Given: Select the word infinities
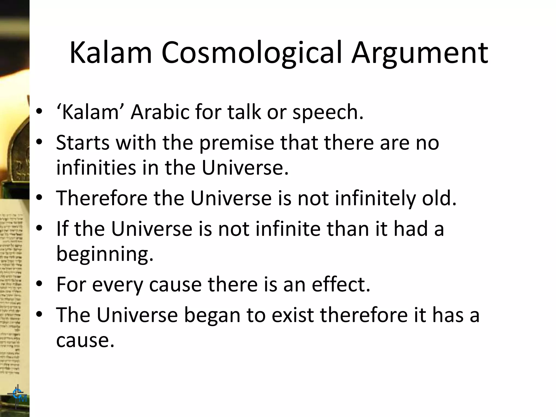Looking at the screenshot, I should point(96,168).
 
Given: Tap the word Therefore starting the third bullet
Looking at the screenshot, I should point(102,198).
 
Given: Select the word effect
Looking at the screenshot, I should point(341,284).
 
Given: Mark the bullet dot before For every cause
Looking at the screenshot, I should point(39,284).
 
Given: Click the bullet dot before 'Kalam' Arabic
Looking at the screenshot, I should point(39,111).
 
